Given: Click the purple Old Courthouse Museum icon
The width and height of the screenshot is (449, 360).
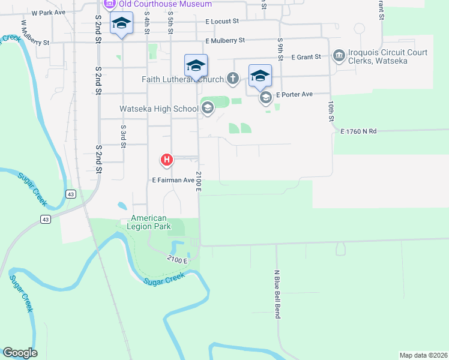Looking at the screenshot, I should click(110, 4).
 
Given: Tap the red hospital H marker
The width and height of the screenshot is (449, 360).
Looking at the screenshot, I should click(166, 160).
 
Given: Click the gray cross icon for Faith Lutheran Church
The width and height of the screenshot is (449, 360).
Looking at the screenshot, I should click(233, 79).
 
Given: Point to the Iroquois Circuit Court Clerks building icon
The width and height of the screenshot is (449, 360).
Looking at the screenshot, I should click(339, 56).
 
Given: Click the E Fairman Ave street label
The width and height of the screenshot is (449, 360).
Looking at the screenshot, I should click(173, 179).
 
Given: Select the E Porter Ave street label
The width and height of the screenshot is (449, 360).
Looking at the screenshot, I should click(295, 95).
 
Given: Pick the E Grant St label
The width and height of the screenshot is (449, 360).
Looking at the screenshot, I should click(306, 58).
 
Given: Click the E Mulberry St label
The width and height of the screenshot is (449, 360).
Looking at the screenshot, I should click(225, 41).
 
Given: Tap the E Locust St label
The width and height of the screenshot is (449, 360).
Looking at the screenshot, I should click(221, 21).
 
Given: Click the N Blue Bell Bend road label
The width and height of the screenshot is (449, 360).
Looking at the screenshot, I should click(277, 294).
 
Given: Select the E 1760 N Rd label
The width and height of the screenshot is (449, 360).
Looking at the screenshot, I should click(358, 131).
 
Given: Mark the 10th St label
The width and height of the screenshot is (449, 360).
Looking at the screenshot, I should click(331, 111).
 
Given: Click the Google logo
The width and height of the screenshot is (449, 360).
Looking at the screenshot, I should click(20, 353).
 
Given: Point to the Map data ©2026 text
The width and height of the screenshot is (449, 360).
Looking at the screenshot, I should click(423, 355).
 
